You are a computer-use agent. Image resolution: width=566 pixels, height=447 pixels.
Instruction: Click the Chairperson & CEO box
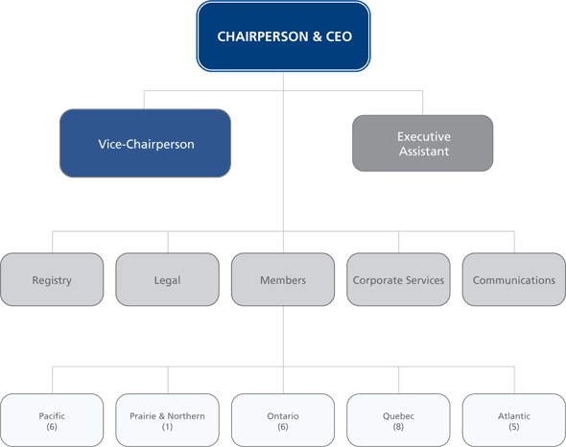tap(284, 36)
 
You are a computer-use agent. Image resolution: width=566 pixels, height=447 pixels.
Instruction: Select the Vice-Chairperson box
tap(145, 144)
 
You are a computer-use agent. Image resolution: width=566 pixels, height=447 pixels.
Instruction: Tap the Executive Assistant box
tap(423, 144)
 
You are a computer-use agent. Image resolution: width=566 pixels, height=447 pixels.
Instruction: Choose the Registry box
tap(52, 280)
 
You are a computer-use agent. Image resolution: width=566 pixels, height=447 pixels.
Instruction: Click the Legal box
tap(167, 280)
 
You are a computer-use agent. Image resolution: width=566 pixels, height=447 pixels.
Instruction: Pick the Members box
tap(283, 280)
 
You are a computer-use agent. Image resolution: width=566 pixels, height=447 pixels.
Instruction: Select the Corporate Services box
tap(398, 280)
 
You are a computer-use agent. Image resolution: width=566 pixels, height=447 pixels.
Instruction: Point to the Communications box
tap(514, 280)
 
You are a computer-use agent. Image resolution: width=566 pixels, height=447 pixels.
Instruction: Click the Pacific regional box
tap(52, 420)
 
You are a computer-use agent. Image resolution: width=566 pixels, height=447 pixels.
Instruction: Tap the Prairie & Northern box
tap(167, 420)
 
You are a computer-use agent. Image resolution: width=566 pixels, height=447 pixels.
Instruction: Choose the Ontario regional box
tap(283, 420)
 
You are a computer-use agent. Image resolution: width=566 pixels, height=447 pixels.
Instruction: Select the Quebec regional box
tap(398, 420)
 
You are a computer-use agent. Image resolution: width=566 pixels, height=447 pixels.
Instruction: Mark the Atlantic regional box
tap(514, 420)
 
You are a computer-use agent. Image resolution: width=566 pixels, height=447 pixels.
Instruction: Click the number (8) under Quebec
tap(398, 427)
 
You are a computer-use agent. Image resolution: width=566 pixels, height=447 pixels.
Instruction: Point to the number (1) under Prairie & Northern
tap(167, 427)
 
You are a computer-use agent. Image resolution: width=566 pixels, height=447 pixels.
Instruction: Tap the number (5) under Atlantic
tap(514, 427)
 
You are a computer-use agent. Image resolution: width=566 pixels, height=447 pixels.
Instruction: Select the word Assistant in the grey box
tap(423, 152)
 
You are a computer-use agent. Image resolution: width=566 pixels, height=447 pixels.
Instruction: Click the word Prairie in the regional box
tap(144, 416)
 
